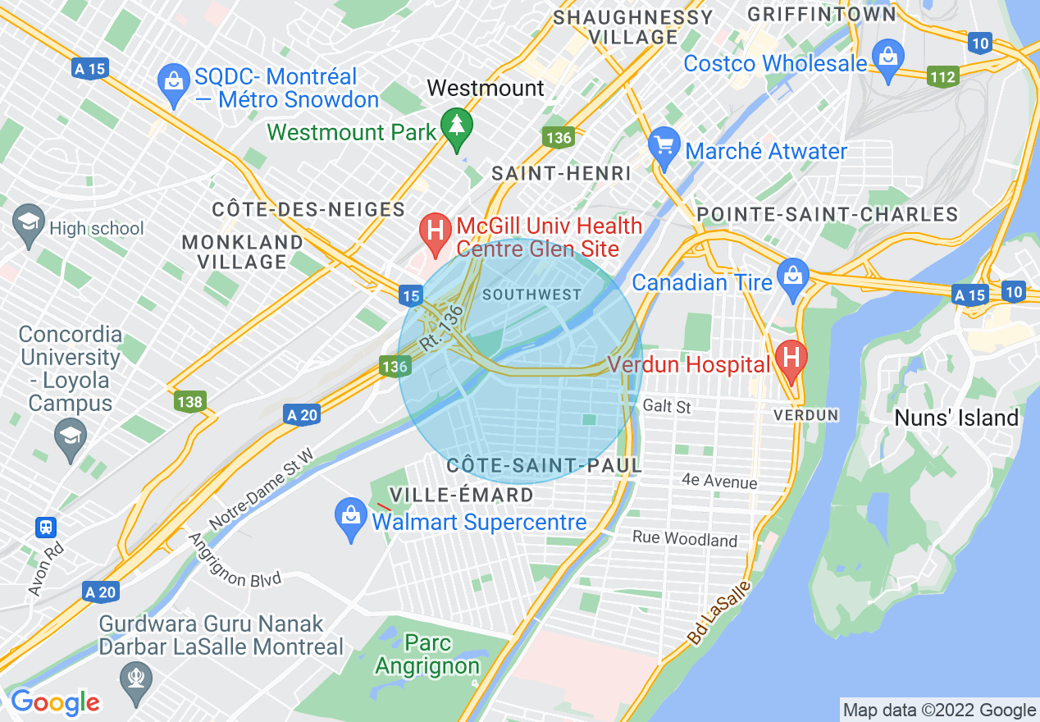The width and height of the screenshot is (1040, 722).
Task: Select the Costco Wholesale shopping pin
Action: click(x=887, y=59)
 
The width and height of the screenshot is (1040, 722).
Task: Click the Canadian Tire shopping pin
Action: click(x=793, y=276)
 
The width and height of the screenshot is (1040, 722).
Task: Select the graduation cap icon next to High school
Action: click(x=29, y=222)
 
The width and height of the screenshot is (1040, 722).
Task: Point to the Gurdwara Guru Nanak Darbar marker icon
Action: click(x=135, y=679)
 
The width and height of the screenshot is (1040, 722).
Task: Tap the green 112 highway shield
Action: click(x=942, y=77)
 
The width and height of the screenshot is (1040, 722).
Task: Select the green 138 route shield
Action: click(x=189, y=401)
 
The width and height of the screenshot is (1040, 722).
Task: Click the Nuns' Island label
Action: click(x=956, y=418)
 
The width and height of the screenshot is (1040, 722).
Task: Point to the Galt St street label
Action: click(x=667, y=406)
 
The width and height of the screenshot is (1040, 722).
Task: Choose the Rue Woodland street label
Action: click(x=684, y=539)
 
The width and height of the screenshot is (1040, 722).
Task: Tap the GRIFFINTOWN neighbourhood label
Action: click(x=822, y=14)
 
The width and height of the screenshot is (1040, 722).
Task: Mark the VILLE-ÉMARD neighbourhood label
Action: click(x=461, y=495)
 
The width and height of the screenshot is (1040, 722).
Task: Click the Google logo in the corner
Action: click(x=55, y=702)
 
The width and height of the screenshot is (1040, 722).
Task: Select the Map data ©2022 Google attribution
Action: click(x=940, y=711)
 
